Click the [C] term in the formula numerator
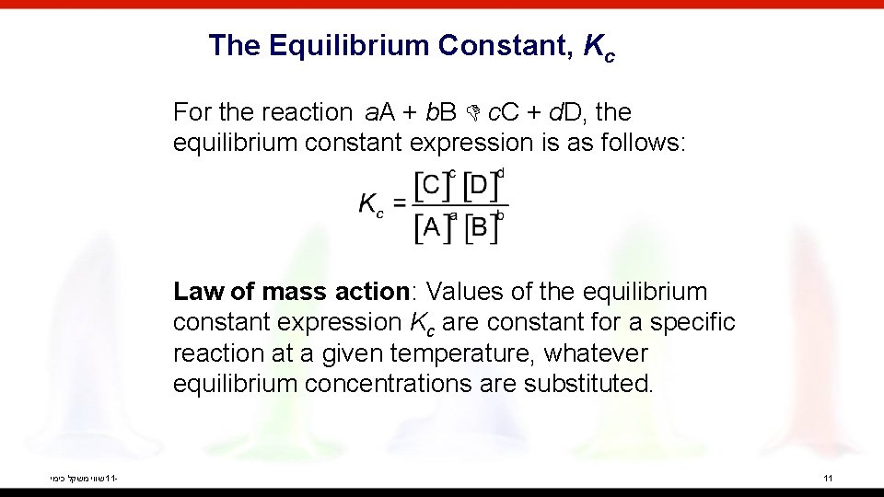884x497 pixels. [x=431, y=186]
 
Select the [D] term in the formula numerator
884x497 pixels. [x=482, y=186]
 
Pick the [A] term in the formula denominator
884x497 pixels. [x=431, y=226]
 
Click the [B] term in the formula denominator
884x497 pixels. [x=481, y=226]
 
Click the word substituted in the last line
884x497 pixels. [x=588, y=384]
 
